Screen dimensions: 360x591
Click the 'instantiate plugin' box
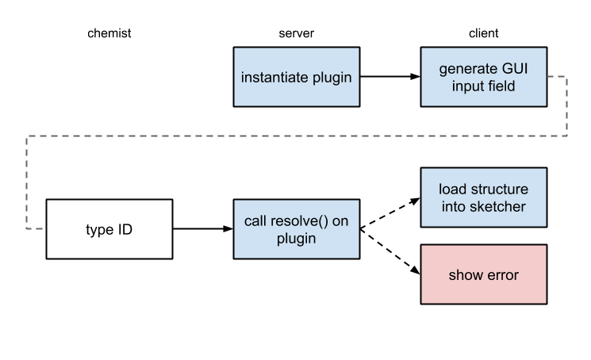pos(296,77)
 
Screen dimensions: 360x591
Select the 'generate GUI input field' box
pos(483,77)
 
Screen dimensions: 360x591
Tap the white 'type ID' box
pos(109,229)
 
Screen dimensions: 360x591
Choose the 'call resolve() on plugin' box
pos(296,229)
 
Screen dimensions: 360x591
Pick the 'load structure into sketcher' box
pos(483,198)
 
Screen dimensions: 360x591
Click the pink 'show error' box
pos(483,274)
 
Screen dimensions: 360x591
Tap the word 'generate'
pos(466,68)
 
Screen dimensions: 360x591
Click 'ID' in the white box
pos(123,230)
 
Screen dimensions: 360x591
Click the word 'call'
pos(256,220)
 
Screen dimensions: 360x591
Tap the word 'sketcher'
pos(499,207)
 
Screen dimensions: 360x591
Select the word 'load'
pos(453,190)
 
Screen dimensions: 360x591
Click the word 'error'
pos(501,275)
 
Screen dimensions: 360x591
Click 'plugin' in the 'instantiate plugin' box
pos(332,78)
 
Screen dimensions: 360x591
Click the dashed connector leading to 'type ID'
pos(28,182)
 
